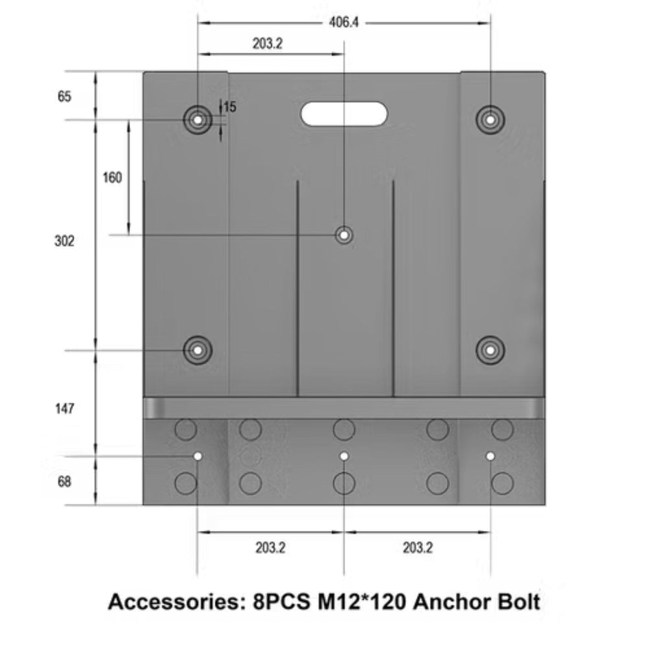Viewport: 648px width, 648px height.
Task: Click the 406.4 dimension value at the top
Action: [x=344, y=23]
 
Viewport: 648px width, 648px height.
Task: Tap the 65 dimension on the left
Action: [x=64, y=97]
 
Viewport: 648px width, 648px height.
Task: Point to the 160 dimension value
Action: [x=112, y=177]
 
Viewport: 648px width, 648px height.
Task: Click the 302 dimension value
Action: [x=64, y=241]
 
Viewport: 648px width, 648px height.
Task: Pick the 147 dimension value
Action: [x=64, y=409]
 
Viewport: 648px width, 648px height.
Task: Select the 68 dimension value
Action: [x=64, y=482]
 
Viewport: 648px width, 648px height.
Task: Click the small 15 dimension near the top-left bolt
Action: [x=229, y=107]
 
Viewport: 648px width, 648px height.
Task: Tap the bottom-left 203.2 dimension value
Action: [x=270, y=548]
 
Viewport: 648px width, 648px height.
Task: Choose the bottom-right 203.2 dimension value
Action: [x=417, y=548]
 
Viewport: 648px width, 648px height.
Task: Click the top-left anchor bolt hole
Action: [x=198, y=119]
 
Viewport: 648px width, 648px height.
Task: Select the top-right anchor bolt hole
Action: [x=491, y=119]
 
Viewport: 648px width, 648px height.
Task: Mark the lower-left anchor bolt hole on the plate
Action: [x=198, y=350]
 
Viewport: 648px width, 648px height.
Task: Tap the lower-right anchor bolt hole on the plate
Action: [x=491, y=350]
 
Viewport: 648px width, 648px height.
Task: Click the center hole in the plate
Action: [x=344, y=235]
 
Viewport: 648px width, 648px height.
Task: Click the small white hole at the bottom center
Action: [x=344, y=456]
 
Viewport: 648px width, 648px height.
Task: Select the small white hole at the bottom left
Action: [x=198, y=456]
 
